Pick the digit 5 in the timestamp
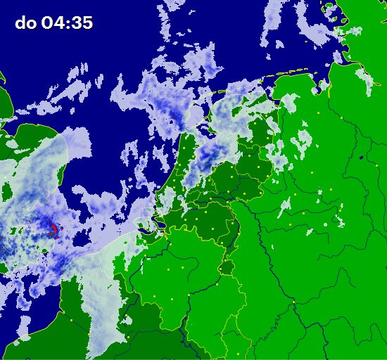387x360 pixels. point(87,22)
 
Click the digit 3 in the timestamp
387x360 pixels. point(77,22)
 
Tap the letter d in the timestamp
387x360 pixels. point(20,22)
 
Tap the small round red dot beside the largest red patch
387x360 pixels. point(61,228)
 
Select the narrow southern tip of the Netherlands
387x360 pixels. point(226,269)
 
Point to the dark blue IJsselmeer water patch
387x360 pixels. point(204,129)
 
